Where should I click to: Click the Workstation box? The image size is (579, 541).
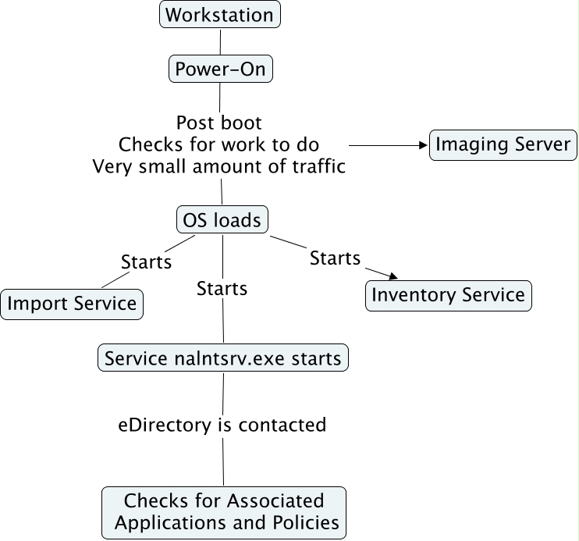point(219,15)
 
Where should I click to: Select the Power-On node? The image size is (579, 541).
point(220,69)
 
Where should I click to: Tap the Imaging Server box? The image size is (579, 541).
point(504,145)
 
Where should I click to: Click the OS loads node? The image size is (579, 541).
point(222,220)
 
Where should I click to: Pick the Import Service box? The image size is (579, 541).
point(72,304)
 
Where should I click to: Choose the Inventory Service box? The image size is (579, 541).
point(448,295)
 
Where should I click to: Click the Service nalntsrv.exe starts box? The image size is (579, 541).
point(222,358)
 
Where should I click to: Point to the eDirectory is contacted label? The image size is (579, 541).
point(222,425)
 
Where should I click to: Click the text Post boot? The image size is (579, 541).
point(218,123)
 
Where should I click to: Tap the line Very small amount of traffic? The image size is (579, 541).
point(218,166)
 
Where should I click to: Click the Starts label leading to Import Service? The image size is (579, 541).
point(146,262)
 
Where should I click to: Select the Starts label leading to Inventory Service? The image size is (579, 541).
point(335,258)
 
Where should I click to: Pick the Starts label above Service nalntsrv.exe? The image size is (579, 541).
point(222,289)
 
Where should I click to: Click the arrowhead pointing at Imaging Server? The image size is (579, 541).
point(424,145)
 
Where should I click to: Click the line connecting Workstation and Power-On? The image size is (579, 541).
point(219,41)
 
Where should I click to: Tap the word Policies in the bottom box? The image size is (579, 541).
point(301,522)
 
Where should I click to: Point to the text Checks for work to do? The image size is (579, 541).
point(218,144)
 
